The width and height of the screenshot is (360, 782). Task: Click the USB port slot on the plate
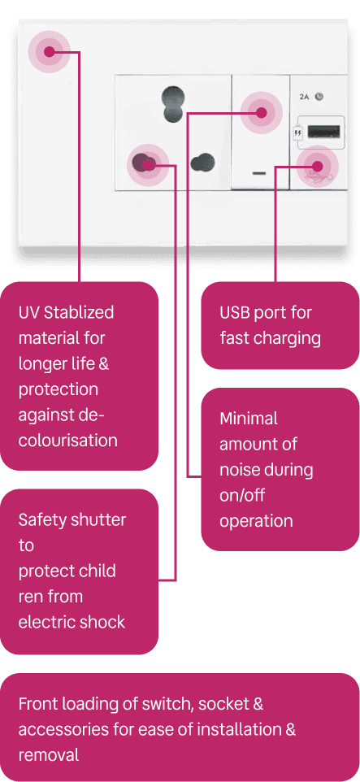[324, 132]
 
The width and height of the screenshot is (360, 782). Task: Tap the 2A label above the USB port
[304, 97]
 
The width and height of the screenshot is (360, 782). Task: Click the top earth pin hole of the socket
[172, 104]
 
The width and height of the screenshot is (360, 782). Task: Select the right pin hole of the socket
[202, 162]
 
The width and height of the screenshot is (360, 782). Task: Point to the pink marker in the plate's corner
[49, 51]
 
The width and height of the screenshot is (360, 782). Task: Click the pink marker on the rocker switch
[262, 112]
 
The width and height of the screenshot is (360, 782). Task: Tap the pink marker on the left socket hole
[148, 164]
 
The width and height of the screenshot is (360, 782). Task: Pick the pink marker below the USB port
[318, 166]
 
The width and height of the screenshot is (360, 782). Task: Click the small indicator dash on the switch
[259, 174]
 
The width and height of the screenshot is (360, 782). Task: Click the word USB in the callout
[236, 313]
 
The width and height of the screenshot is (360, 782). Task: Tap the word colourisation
[67, 441]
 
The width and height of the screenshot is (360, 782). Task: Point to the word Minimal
[249, 419]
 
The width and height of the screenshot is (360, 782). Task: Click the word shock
[102, 622]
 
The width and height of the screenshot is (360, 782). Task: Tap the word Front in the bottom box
[37, 704]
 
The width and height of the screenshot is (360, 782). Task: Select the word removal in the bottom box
[49, 755]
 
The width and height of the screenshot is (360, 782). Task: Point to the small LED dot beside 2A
[319, 96]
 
